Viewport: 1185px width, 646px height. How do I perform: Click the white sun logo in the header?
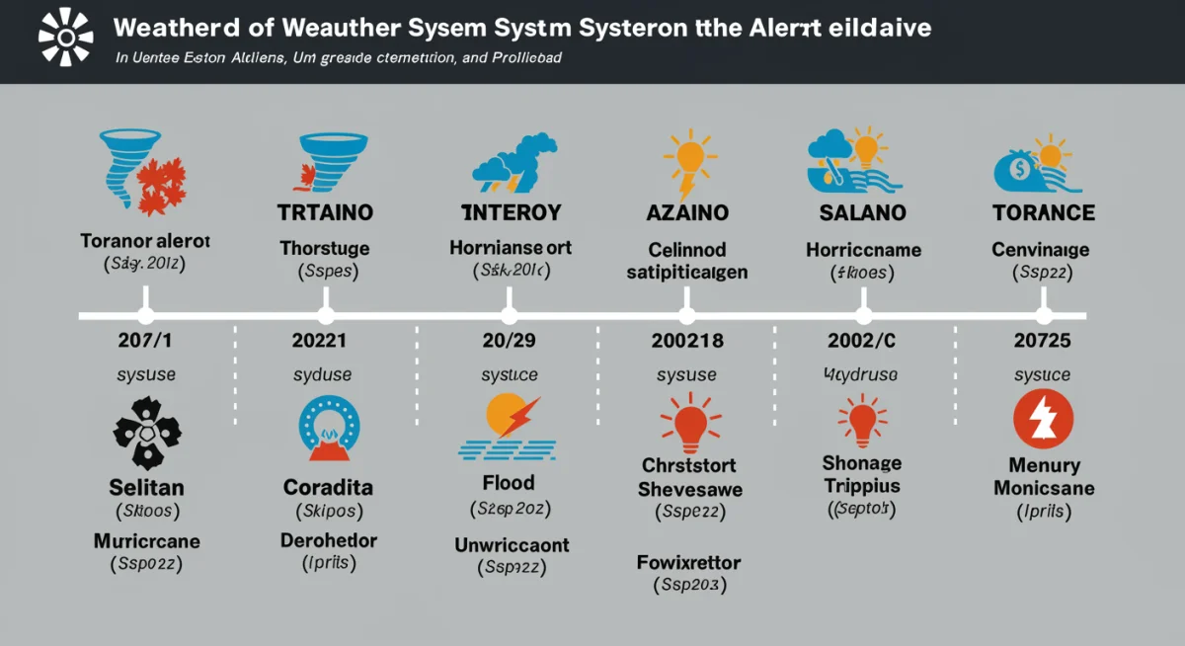[66, 39]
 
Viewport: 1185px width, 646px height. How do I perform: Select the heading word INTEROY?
[512, 212]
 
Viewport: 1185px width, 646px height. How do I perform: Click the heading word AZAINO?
[687, 212]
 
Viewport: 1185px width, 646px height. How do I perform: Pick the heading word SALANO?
[863, 212]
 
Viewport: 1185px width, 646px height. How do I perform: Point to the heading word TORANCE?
[1043, 212]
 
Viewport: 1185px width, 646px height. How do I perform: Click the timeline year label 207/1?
[146, 342]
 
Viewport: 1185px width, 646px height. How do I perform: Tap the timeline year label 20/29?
[510, 342]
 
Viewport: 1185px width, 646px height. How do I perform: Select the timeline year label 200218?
[687, 342]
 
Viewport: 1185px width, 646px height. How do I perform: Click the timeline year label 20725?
[1043, 342]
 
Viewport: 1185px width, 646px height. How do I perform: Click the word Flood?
[509, 483]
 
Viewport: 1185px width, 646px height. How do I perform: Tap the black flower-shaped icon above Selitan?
[146, 433]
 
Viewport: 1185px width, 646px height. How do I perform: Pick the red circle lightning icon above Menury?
[1043, 421]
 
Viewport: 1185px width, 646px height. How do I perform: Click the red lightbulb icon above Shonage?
[863, 421]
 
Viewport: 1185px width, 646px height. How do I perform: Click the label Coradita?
[328, 487]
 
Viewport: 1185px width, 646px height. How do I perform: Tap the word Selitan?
[146, 487]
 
